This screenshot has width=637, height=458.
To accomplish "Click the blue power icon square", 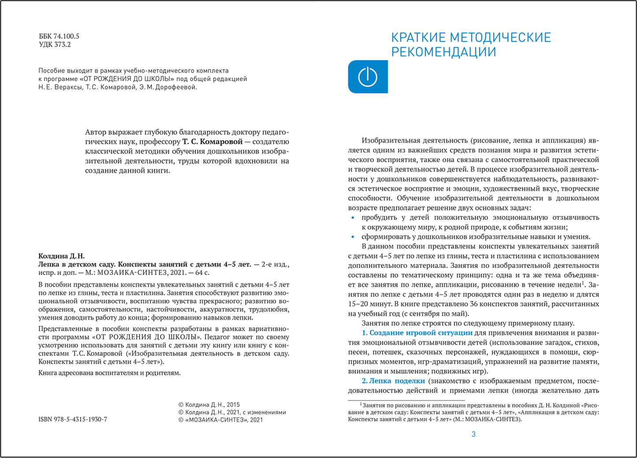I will coord(368,77).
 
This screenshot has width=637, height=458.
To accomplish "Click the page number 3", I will coord(473,434).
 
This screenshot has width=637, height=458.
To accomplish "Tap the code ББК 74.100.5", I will coord(59,36).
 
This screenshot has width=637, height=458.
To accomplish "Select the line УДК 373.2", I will coord(55,45).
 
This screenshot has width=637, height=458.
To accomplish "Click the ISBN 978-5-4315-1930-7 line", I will coord(73,419).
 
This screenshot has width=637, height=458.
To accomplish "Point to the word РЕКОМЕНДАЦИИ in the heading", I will coord(443,52).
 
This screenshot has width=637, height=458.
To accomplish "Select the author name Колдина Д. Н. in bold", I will coord(61,256).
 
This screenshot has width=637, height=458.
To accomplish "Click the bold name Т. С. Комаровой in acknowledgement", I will coord(212,142).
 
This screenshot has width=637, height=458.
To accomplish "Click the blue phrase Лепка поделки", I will coord(397,381).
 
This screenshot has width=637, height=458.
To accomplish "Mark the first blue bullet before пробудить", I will coord(352,218).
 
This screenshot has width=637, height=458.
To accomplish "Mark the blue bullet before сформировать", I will coord(352,237).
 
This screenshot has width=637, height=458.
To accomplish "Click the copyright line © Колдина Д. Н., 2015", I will coord(209,405).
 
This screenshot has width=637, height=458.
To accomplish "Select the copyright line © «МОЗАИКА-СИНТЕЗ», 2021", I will coord(220,420).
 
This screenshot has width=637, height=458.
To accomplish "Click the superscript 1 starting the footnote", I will coord(361,404).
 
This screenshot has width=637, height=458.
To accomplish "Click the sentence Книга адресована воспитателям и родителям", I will coord(109,373).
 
